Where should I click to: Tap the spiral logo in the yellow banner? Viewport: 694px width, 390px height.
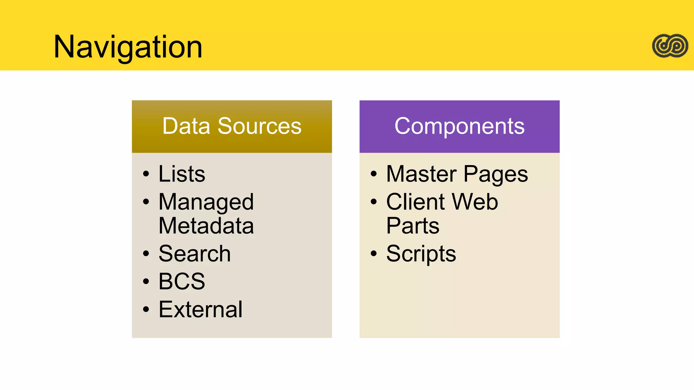670,46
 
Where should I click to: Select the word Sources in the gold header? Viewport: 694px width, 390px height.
259,126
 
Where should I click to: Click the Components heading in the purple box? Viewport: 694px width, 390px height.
459,126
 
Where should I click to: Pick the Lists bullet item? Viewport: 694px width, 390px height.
182,174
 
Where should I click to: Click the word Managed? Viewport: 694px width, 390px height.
206,202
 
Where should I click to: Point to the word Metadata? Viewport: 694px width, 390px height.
206,226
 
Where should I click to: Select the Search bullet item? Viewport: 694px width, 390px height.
195,254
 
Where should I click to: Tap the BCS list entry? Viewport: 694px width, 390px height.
182,281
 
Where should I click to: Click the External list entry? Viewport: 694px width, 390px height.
200,309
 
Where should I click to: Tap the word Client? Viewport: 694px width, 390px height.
415,202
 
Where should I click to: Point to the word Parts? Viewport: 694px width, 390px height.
413,226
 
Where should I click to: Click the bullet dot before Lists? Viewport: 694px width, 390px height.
146,174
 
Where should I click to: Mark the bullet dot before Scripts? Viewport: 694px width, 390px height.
373,254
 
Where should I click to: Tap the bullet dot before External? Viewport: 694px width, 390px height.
146,309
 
